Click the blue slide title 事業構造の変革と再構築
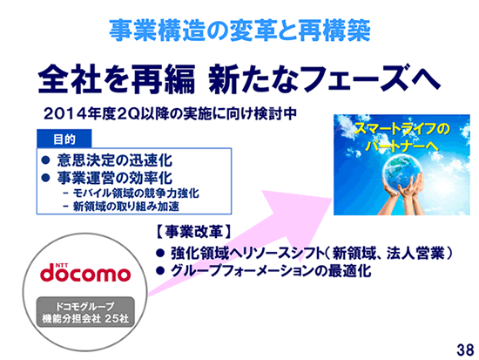(x=239, y=31)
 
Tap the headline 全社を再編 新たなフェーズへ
(x=239, y=79)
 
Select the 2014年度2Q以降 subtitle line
(x=170, y=114)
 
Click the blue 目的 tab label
(x=64, y=139)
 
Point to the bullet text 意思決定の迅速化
(x=115, y=160)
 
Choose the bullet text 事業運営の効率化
(x=115, y=178)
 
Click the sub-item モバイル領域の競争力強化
(x=136, y=193)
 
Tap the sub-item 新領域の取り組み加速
(x=126, y=207)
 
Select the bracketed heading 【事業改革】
(x=193, y=232)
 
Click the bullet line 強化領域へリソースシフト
(x=311, y=254)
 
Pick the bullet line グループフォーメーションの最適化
(x=271, y=271)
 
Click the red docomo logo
(x=85, y=273)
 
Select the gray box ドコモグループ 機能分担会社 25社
(x=85, y=312)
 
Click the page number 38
(x=465, y=350)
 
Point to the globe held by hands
(x=402, y=172)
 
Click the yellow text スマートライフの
(x=401, y=129)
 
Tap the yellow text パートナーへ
(x=401, y=146)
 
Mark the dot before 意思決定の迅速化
(x=45, y=160)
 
